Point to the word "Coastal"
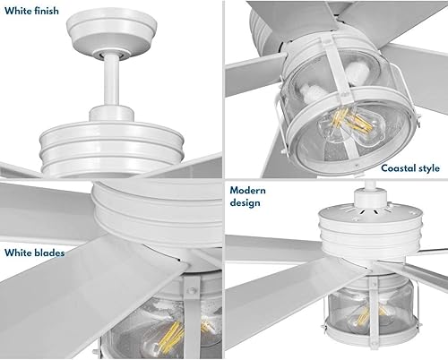point(401,167)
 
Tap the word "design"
point(246,203)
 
